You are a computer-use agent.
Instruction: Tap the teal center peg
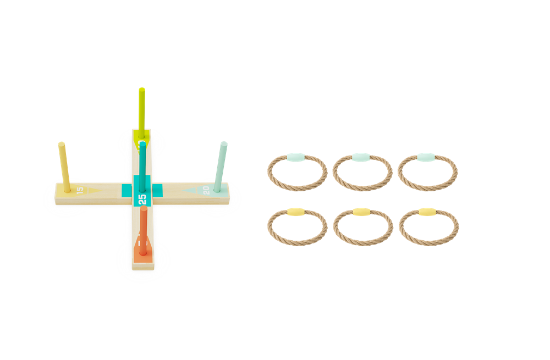(x=142, y=165)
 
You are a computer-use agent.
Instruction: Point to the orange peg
(x=144, y=231)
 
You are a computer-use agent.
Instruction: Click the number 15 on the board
(x=80, y=190)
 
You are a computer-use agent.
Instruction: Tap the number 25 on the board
(x=142, y=198)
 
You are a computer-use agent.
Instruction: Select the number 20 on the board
(x=206, y=190)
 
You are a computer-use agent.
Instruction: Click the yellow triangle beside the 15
(x=92, y=190)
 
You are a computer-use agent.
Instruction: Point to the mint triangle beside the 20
(x=192, y=190)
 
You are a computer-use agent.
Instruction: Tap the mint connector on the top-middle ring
(x=361, y=157)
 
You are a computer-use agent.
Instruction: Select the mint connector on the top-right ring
(x=426, y=157)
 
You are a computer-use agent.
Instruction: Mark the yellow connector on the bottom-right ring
(x=427, y=212)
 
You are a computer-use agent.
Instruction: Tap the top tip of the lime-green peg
(x=142, y=88)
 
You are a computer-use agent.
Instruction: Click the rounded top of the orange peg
(x=144, y=209)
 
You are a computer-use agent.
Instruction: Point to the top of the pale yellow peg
(x=62, y=144)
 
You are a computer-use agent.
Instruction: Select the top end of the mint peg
(x=224, y=143)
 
